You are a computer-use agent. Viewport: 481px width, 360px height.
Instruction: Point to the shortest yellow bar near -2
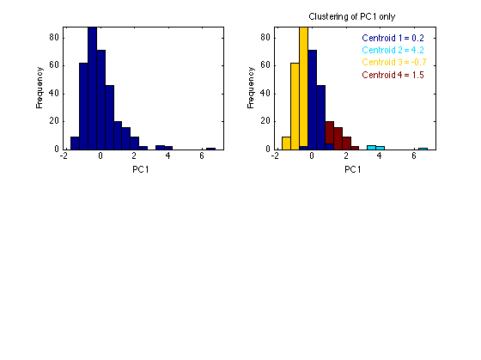[x=286, y=143]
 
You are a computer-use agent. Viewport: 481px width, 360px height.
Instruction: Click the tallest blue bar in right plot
[x=313, y=100]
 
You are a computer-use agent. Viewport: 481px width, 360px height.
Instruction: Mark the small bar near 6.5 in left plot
[x=210, y=149]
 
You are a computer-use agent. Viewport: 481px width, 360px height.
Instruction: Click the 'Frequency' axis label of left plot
[x=40, y=88]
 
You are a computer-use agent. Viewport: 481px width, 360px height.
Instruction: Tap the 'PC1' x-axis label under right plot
[x=352, y=169]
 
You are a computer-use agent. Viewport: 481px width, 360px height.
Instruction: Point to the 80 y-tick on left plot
[x=54, y=38]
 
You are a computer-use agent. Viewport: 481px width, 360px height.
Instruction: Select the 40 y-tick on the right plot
[x=265, y=94]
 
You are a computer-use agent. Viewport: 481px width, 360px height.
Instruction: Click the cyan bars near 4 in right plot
[x=375, y=148]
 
